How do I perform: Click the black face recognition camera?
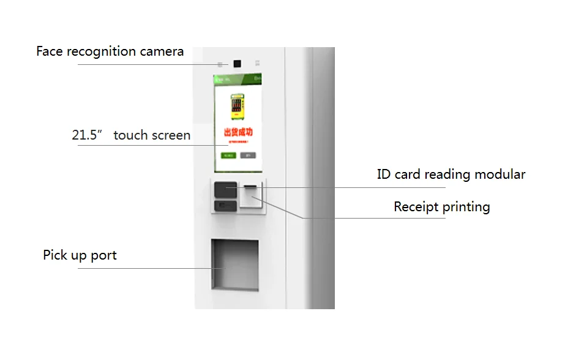(x=236, y=63)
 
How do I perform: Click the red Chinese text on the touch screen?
(x=238, y=132)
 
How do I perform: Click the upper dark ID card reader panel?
(x=225, y=189)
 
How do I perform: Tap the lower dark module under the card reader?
(x=225, y=206)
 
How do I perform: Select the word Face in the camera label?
(x=50, y=51)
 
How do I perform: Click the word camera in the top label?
(x=162, y=51)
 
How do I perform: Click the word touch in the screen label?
(x=131, y=135)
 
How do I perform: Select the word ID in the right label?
(x=384, y=174)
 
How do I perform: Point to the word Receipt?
(x=416, y=207)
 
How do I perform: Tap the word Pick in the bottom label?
(x=56, y=255)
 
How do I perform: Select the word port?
(x=104, y=255)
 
